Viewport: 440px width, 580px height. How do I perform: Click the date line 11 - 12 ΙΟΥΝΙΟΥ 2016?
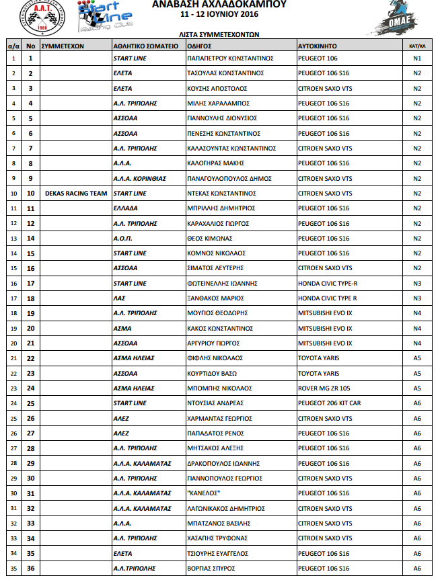(219, 13)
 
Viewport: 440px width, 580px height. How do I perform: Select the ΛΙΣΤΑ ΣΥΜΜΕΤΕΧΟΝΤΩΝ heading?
(219, 33)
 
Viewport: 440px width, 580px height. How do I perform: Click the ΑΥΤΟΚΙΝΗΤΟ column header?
(318, 46)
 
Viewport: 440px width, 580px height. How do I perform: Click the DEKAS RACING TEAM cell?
(76, 194)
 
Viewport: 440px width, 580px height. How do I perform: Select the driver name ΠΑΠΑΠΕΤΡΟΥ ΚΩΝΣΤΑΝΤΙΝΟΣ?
(229, 58)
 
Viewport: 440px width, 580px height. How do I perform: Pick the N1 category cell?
(417, 58)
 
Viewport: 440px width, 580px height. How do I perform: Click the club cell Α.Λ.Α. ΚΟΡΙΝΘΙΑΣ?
(139, 178)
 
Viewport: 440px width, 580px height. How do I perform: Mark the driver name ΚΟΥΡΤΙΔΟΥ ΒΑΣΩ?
(212, 373)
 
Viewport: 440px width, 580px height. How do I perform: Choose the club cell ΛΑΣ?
(120, 298)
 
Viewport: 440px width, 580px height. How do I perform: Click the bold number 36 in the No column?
(30, 569)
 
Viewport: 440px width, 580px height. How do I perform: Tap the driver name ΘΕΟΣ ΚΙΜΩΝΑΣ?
(209, 239)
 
